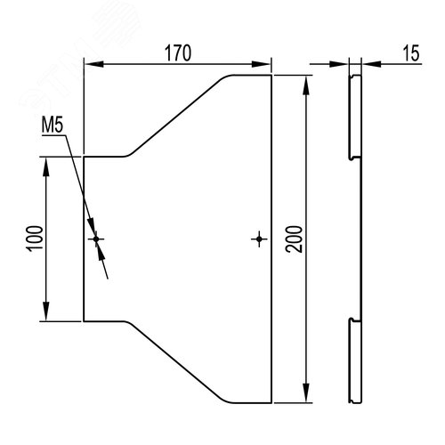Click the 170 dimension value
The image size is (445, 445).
178,53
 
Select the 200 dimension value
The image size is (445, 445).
294,239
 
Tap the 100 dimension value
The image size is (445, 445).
35,239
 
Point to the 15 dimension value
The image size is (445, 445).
411,53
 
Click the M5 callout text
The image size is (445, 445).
53,125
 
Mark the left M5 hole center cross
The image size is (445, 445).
96,239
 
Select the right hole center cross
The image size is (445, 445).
259,239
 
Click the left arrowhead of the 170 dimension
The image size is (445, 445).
94,64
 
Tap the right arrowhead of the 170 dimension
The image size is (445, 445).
261,64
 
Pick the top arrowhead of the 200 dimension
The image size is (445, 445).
306,85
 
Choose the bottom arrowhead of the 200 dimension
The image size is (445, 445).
306,392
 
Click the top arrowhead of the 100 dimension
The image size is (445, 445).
46,167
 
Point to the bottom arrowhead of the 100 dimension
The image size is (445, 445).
46,311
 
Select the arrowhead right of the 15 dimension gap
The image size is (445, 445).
371,64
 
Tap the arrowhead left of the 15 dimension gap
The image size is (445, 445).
339,64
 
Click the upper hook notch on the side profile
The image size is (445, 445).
352,158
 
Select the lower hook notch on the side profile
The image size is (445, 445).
352,320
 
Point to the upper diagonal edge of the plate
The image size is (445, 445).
176,117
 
